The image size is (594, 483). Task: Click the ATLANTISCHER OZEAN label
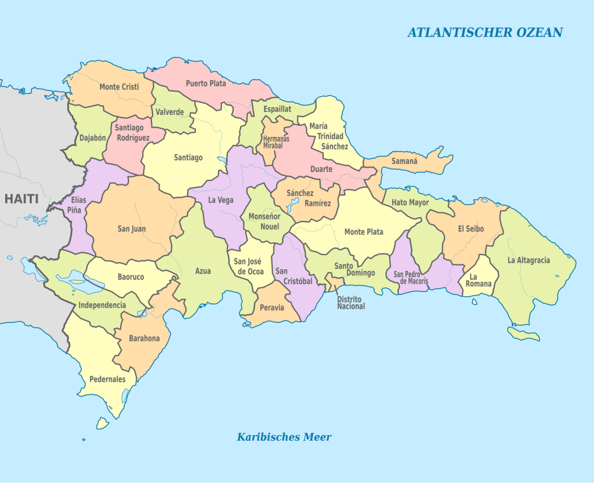484,32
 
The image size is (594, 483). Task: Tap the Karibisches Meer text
284,437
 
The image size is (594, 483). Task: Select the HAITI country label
21,199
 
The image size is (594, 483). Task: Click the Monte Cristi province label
118,87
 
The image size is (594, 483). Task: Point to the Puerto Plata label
206,83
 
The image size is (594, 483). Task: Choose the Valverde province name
169,112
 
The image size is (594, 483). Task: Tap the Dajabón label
93,139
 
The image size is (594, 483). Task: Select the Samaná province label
404,161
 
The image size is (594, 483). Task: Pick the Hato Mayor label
410,202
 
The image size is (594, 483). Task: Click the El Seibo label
470,228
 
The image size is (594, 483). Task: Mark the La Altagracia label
528,260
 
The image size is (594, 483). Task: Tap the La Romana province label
480,280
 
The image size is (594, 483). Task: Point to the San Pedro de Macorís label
411,278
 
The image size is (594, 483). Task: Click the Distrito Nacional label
351,302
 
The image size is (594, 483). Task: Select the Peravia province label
272,307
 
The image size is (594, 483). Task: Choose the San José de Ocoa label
249,266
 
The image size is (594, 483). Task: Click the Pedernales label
107,379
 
